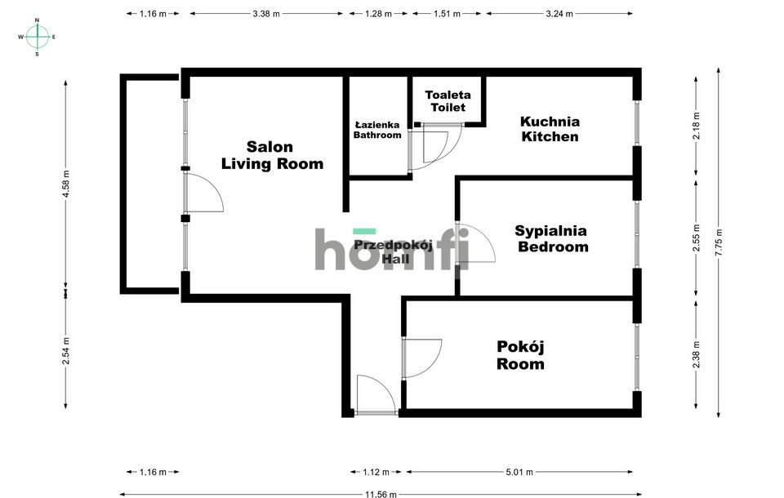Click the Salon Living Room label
(x=272, y=155)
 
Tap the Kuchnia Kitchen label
(x=550, y=129)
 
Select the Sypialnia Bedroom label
(x=552, y=238)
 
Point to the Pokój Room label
(x=520, y=355)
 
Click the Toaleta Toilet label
(x=448, y=101)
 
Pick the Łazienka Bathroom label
(x=377, y=130)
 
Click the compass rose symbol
(x=37, y=37)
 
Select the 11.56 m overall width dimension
(x=381, y=494)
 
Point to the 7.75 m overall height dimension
(x=719, y=242)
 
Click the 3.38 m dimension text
(x=266, y=14)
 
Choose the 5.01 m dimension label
(x=519, y=472)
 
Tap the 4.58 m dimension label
(x=66, y=184)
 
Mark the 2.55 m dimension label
(x=696, y=238)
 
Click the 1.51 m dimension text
(x=447, y=14)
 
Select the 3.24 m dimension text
(x=559, y=14)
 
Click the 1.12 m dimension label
(x=376, y=472)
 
